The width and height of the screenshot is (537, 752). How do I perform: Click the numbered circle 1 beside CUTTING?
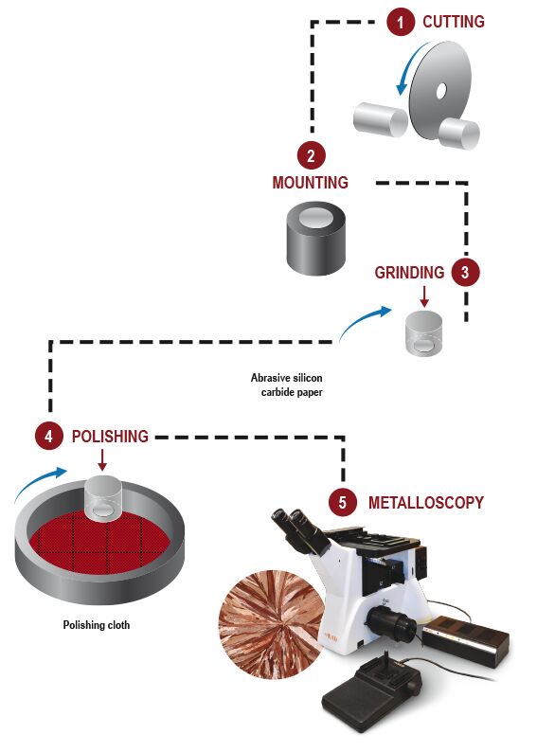tap(401, 22)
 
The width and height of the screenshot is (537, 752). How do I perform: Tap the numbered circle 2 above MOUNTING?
tap(311, 155)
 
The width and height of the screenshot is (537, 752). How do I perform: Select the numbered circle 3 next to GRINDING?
tap(464, 273)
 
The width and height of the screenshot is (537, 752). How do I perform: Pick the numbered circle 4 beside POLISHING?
tap(48, 437)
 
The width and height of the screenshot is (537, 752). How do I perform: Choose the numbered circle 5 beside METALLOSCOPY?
tap(344, 502)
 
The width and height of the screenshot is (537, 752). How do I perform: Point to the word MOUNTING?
tap(310, 183)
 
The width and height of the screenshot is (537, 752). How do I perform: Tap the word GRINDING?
tap(409, 273)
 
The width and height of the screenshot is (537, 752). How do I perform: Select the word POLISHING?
tap(110, 437)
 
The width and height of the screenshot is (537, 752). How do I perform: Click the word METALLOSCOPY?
tap(425, 503)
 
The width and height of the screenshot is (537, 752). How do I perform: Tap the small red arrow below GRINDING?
tap(424, 295)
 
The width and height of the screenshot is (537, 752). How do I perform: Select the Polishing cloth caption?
tap(96, 625)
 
